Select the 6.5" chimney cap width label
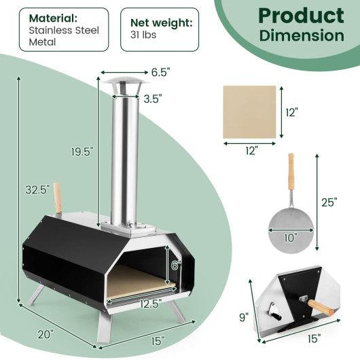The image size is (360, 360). point(160,71)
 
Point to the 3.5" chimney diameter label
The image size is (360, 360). point(151,98)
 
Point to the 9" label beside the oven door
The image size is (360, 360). point(244,316)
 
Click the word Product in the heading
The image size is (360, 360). point(300,15)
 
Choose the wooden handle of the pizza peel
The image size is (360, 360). point(291,173)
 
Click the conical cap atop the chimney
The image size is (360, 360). point(124,84)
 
